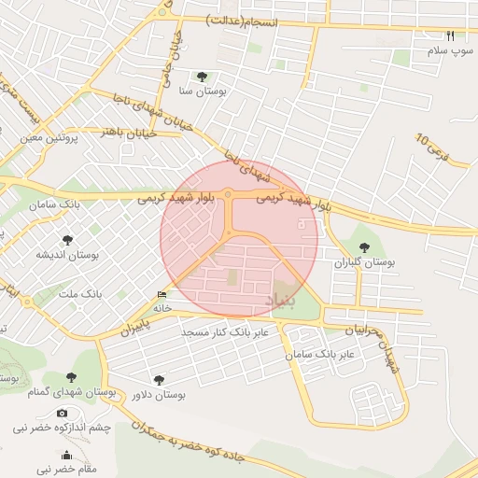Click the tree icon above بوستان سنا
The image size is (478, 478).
point(202,77)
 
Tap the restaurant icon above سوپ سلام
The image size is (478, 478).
point(451,35)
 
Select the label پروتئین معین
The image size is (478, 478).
point(47,137)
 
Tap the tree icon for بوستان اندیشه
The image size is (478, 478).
point(66,240)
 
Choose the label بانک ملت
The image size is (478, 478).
point(81,294)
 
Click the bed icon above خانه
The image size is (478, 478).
point(162,294)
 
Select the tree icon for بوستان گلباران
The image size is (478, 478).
point(364,247)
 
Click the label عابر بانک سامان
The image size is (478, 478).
point(324,355)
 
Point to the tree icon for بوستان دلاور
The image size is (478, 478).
point(159,380)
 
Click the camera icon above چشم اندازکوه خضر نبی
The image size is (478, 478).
point(62,414)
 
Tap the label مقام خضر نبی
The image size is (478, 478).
point(67,468)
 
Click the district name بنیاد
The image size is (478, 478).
point(285,301)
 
